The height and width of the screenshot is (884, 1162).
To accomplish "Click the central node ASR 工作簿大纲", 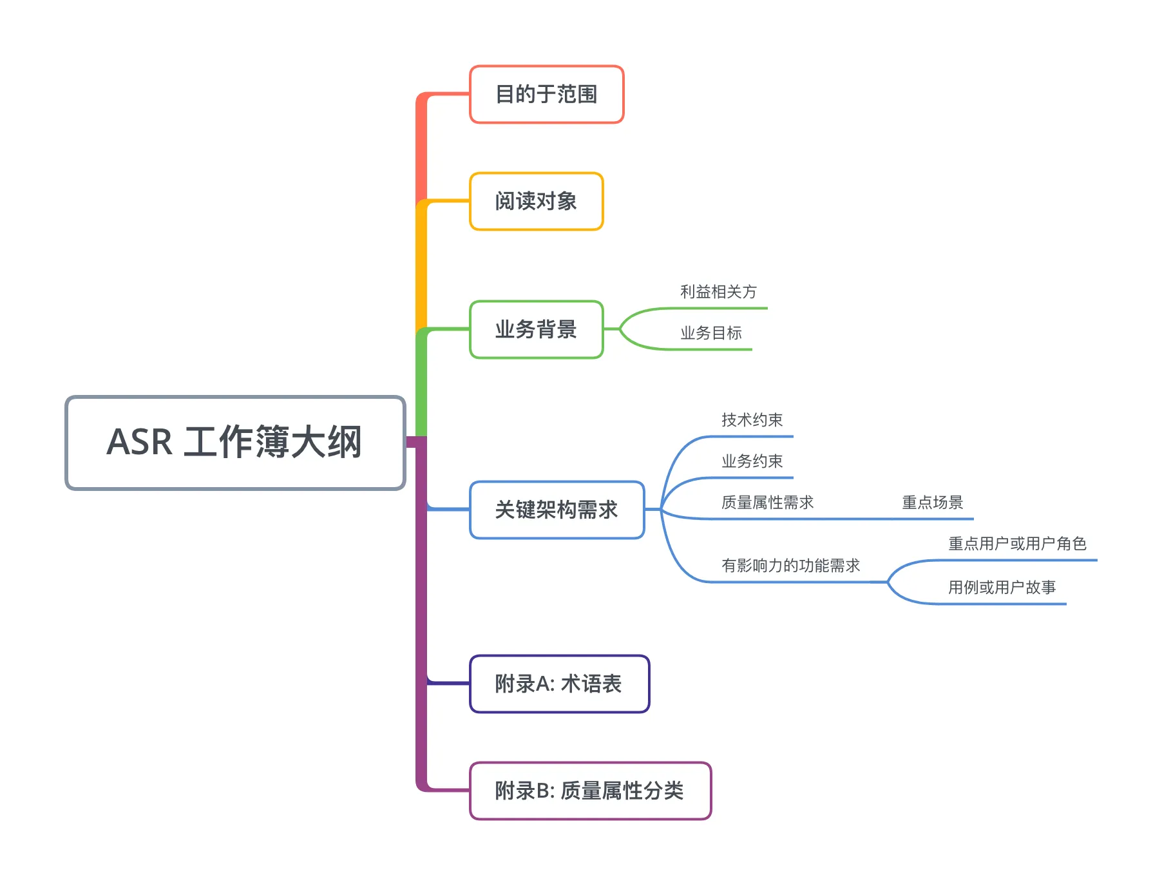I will (235, 443).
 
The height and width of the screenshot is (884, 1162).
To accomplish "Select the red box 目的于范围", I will (546, 94).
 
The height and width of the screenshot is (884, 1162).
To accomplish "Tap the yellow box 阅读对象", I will (536, 201).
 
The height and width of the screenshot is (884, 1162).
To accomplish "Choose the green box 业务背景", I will (536, 329).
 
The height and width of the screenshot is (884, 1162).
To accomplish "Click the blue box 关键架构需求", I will (557, 510).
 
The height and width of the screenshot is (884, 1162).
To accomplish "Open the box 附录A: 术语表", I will (559, 684).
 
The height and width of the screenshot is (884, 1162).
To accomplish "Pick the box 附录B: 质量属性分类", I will (590, 791).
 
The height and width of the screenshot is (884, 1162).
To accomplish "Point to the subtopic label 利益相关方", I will (718, 292).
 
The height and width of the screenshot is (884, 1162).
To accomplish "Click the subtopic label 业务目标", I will (711, 333).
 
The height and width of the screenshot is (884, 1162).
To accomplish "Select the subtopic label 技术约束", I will (752, 420).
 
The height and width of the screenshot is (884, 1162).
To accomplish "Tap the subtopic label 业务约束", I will (752, 461).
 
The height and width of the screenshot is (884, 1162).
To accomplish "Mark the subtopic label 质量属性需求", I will (767, 503).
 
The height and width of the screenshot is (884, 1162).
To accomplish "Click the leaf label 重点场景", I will (932, 503).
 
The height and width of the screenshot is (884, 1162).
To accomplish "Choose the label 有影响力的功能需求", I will (790, 566).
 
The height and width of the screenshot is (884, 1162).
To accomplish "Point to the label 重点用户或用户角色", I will (1017, 544).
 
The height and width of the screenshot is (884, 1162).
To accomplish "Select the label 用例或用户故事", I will (1002, 588).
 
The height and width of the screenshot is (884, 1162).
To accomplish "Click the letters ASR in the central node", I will (140, 443).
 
